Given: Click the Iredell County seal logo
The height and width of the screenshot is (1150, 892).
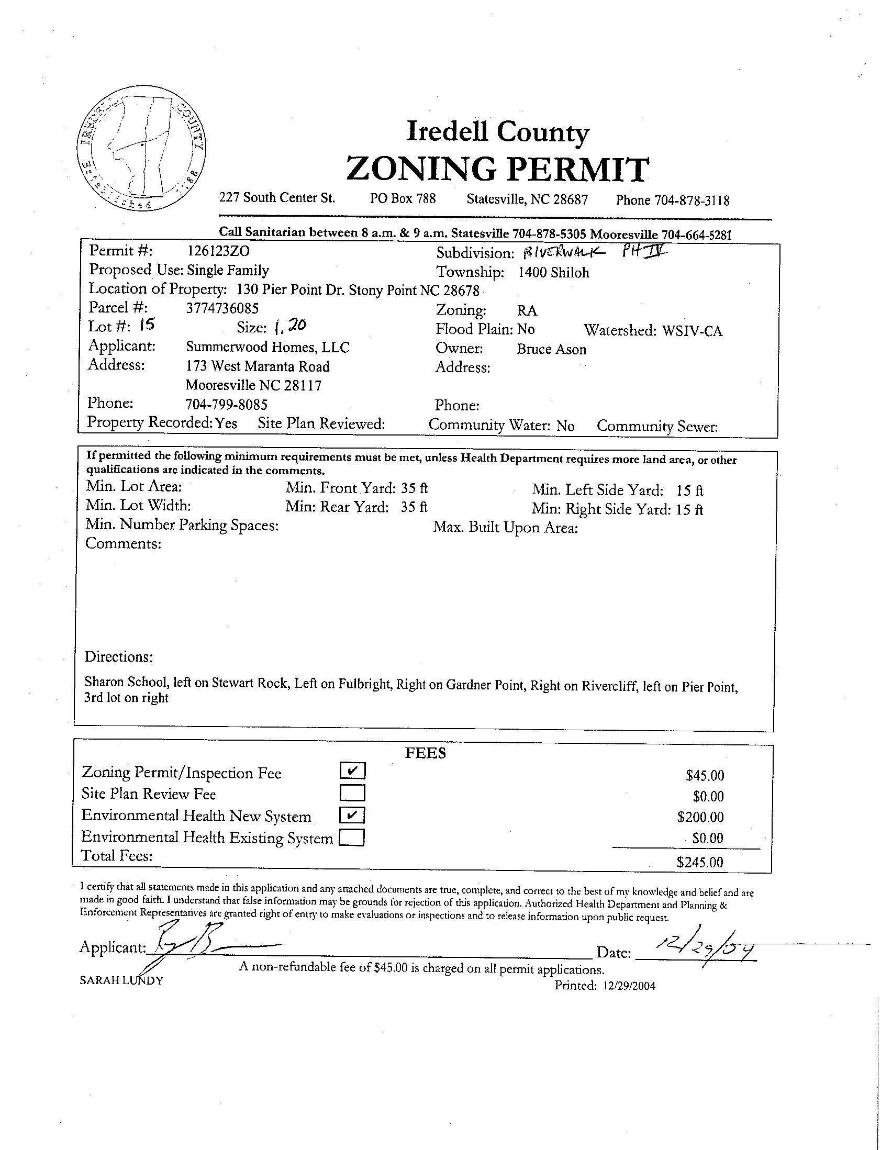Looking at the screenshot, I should click(x=141, y=153).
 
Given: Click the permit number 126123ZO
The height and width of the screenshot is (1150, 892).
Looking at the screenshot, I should click(x=218, y=251).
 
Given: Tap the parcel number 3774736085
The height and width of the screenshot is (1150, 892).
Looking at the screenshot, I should click(x=222, y=308).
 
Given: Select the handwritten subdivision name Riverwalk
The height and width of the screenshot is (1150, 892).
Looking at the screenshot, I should click(x=563, y=253).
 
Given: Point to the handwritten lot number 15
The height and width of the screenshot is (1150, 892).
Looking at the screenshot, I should click(x=148, y=326).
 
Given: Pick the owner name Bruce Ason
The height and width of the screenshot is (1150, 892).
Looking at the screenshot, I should click(x=551, y=350).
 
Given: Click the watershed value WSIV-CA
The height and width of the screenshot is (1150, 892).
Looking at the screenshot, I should click(x=692, y=331).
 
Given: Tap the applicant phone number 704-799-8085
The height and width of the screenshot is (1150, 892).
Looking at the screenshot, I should click(x=227, y=405).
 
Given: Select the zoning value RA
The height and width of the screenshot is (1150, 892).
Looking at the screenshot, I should click(x=527, y=311).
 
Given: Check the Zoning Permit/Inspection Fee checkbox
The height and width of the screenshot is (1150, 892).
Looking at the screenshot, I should click(x=353, y=771).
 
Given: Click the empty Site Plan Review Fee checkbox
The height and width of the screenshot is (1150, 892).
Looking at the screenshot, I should click(x=353, y=793).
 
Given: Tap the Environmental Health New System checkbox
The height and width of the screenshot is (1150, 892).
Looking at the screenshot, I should click(x=353, y=815).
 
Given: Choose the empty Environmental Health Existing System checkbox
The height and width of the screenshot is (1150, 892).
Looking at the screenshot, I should click(x=352, y=837).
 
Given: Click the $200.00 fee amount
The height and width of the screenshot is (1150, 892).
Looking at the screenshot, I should click(x=700, y=817).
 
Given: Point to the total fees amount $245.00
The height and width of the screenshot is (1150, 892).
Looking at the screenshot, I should click(x=700, y=862).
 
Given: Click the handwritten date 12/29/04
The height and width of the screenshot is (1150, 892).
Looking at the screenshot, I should click(x=700, y=949).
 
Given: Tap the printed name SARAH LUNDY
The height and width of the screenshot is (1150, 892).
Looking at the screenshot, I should click(x=121, y=980).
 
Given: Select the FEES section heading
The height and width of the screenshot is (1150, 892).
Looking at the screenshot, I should click(x=425, y=754).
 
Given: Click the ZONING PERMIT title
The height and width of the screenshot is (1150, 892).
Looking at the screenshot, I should click(x=497, y=169).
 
